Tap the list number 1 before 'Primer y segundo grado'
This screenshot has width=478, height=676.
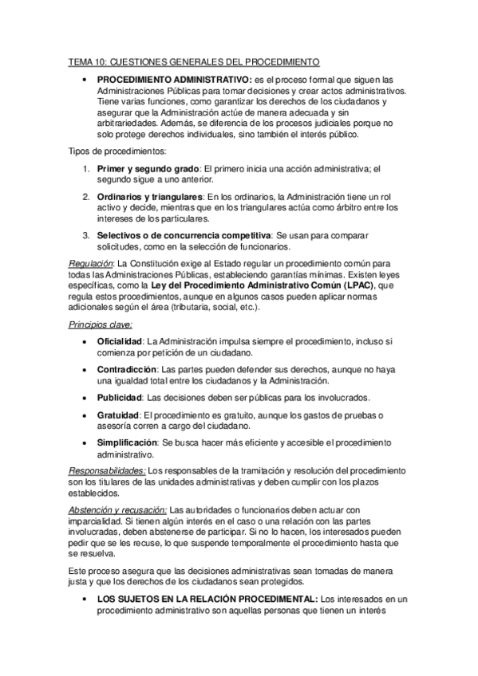(x=86, y=169)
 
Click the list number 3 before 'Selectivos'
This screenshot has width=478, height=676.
(x=86, y=236)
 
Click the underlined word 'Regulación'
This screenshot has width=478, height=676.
(x=89, y=264)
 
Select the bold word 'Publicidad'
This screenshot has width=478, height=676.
(x=120, y=398)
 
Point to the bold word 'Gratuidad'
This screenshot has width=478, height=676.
(x=118, y=416)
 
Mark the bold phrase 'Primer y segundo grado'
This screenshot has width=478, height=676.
(x=148, y=169)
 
